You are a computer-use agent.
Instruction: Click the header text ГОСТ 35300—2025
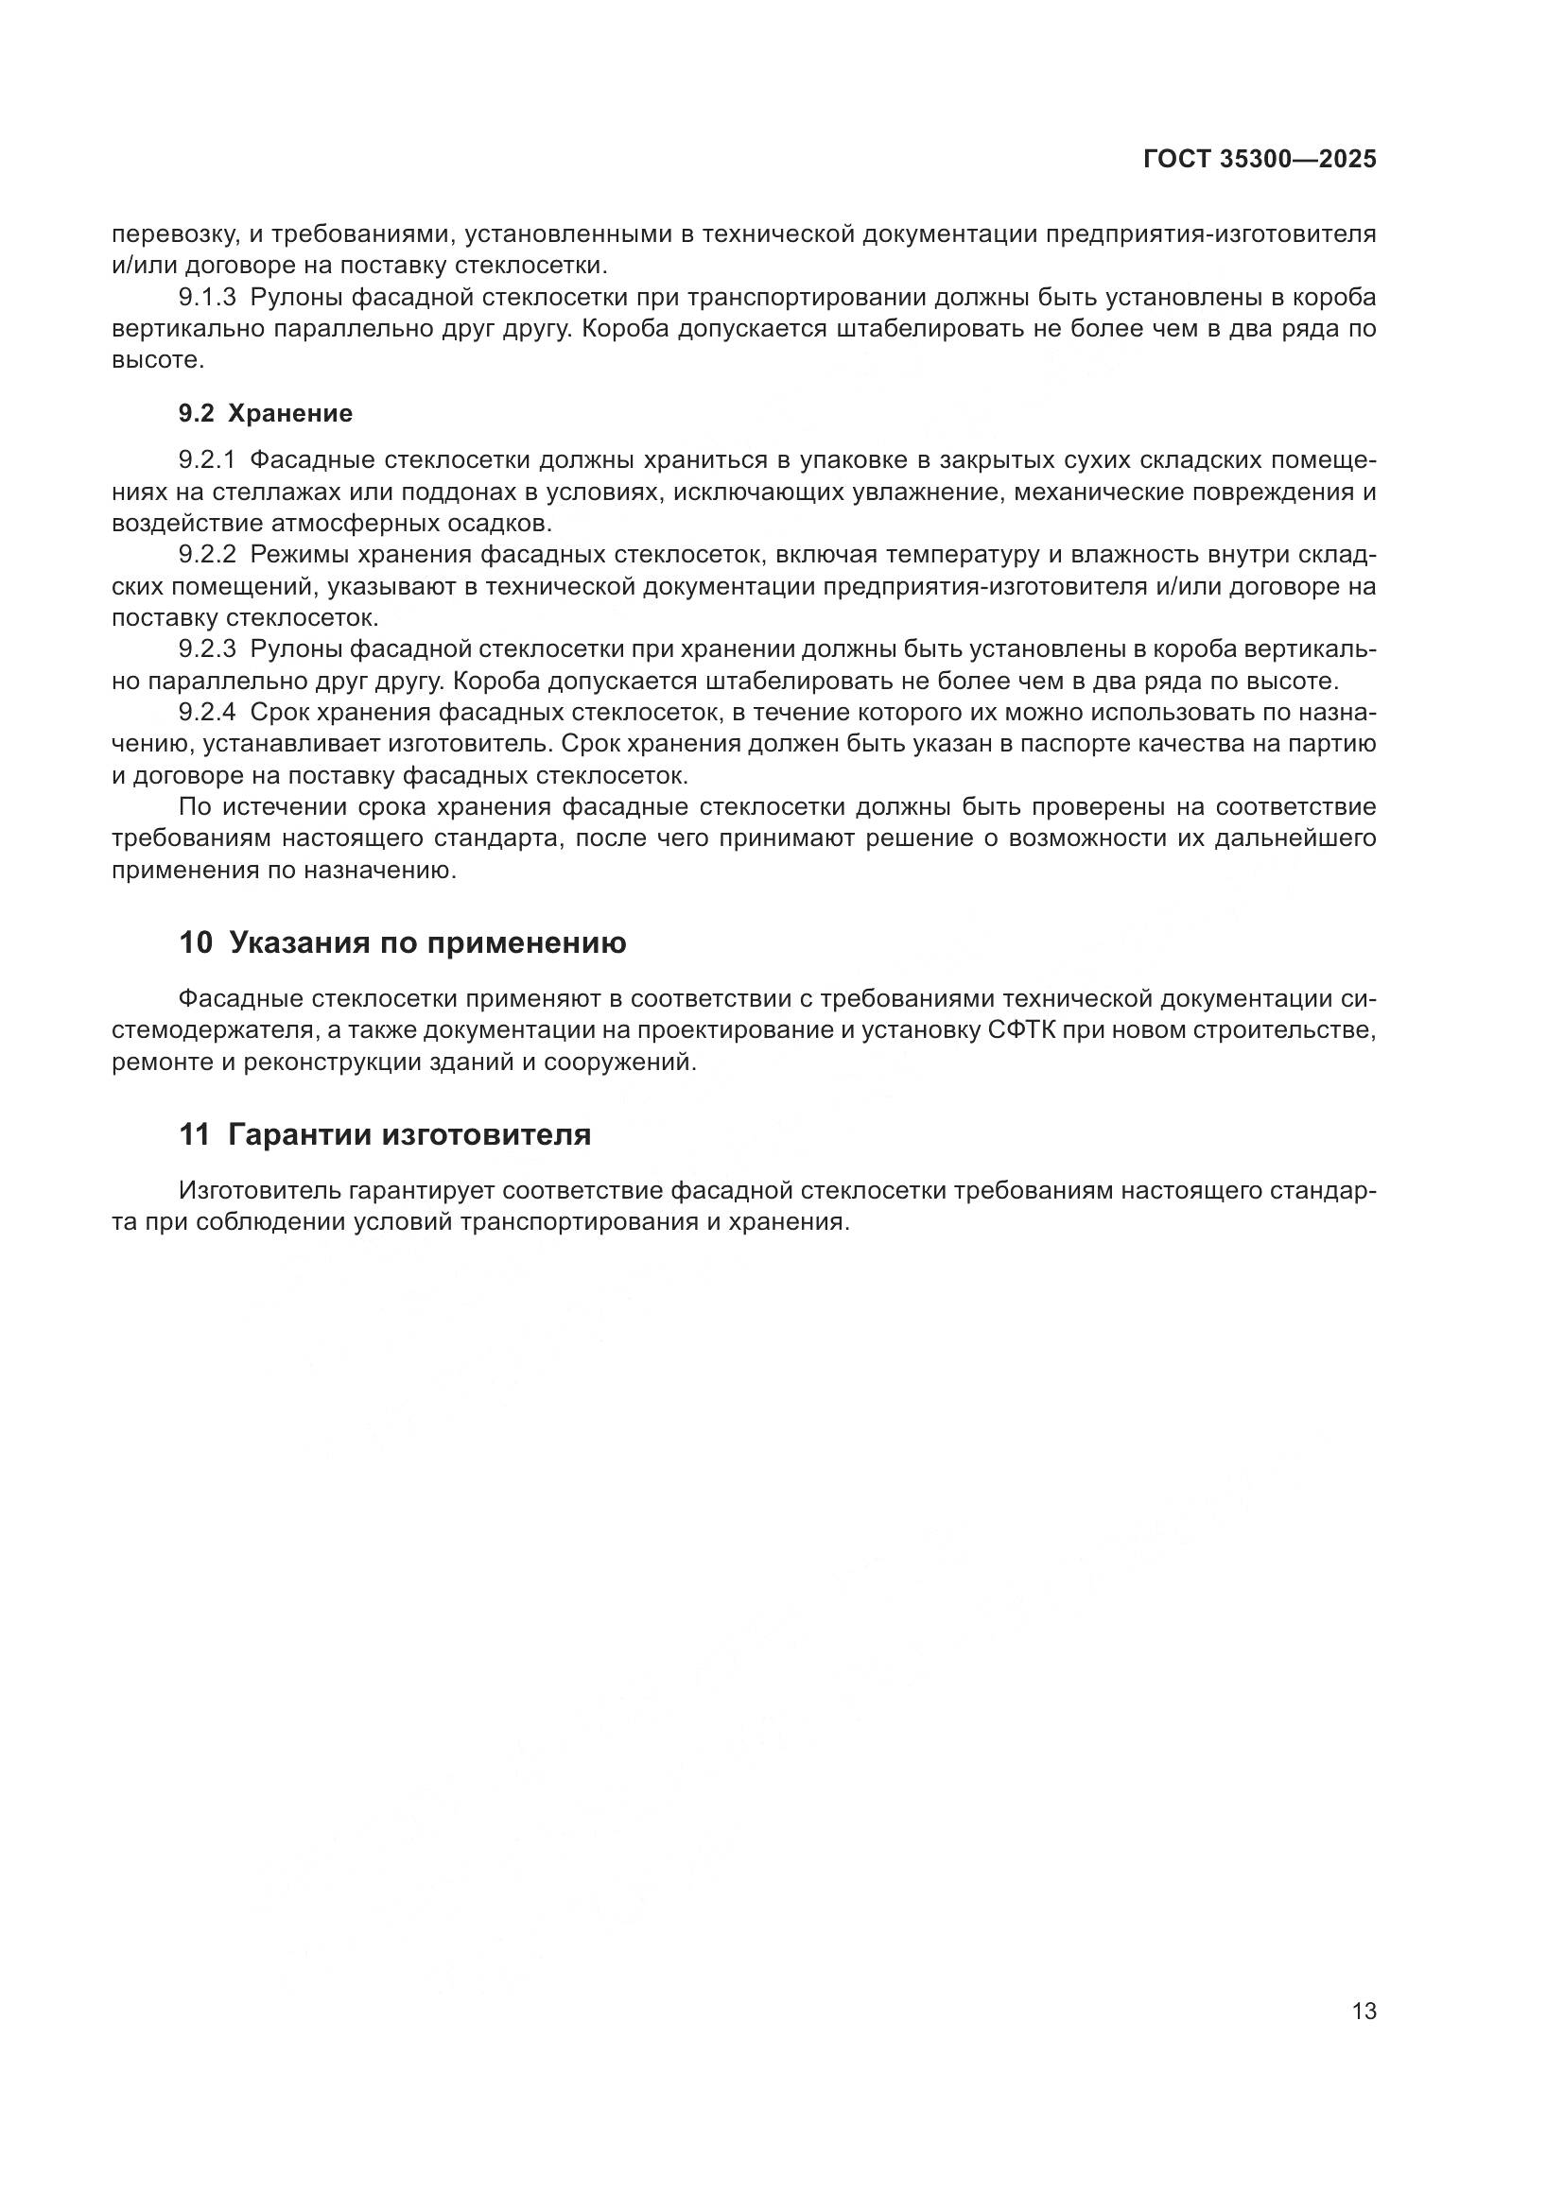coord(1260,160)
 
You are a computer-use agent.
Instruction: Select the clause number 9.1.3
coord(207,298)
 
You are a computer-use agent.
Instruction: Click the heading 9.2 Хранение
coord(266,414)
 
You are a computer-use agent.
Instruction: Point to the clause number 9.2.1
coord(207,461)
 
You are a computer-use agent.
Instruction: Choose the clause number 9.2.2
coord(207,555)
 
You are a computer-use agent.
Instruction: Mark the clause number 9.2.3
coord(207,650)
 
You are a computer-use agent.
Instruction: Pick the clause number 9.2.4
coord(207,713)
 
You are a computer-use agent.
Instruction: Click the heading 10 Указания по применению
coord(403,942)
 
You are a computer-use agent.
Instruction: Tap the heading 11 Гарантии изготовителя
coord(385,1135)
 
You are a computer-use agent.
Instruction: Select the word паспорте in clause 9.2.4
coord(1076,744)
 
